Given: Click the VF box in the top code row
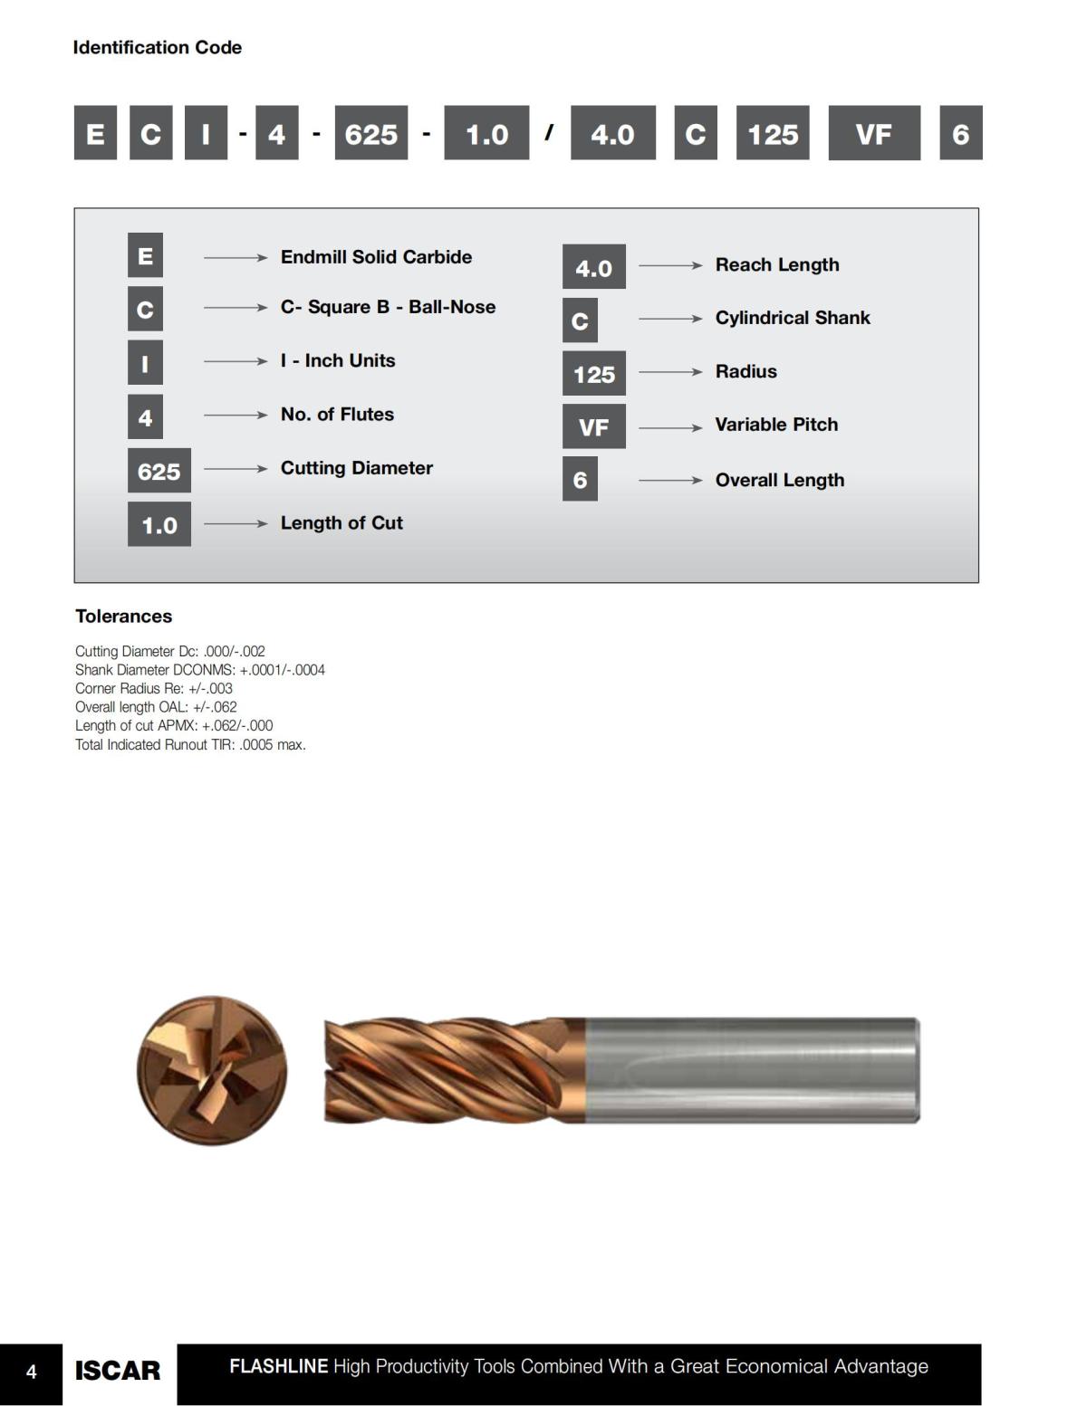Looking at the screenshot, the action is coord(873,133).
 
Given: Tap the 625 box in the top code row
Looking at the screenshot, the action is coord(370,133).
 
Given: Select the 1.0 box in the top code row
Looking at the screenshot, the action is coord(486,133).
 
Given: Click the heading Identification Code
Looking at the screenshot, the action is coord(157,47).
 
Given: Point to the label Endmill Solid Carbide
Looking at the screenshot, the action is coord(376,257).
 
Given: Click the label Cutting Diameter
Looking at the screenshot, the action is coord(356,468).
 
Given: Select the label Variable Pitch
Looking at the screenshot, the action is coord(776,425).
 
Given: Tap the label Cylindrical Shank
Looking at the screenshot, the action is coord(792,318).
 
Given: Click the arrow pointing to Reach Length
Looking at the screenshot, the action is coord(670,265).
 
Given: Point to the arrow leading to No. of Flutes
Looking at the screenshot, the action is coord(236,415).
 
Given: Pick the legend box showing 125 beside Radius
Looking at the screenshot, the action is coord(593,374).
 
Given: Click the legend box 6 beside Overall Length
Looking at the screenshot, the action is coord(580,479).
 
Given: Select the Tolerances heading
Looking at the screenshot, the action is coord(123,617).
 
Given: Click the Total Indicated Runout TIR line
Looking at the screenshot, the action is coord(190,745).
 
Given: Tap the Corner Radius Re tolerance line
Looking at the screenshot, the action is coord(153,689).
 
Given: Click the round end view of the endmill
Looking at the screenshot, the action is coord(212,1070).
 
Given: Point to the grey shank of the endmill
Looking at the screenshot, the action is coord(752,1070).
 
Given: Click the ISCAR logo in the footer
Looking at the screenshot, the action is coord(117,1371).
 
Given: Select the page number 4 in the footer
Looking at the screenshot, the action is coord(31,1373).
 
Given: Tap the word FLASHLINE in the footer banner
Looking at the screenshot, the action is coord(278,1366).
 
